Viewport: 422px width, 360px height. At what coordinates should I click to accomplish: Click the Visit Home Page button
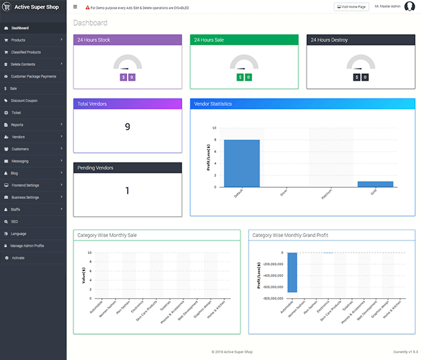point(351,7)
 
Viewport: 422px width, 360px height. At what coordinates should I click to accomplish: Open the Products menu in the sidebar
point(18,40)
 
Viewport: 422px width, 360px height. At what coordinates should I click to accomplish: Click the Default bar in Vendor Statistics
point(241,163)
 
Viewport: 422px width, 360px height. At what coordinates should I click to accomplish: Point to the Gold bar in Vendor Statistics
point(375,183)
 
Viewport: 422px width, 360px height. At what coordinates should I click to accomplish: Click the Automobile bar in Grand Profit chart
point(292,272)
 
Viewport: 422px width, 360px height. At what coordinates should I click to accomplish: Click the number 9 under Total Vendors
point(127,127)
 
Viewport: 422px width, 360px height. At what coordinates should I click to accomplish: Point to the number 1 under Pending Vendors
point(127,190)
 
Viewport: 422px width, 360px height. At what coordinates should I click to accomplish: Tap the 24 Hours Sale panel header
point(244,40)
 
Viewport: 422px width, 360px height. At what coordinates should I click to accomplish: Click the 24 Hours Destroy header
point(361,40)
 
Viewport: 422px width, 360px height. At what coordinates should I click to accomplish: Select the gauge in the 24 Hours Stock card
point(128,63)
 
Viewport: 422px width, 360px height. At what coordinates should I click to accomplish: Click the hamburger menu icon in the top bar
point(75,7)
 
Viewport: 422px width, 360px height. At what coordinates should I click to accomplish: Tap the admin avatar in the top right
point(410,7)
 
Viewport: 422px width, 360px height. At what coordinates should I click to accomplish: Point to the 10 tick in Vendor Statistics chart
point(214,128)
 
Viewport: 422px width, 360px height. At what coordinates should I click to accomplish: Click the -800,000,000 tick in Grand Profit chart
point(270,298)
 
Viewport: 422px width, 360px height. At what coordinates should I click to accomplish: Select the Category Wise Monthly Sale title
point(107,235)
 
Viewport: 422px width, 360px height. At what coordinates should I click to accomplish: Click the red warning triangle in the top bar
point(87,7)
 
